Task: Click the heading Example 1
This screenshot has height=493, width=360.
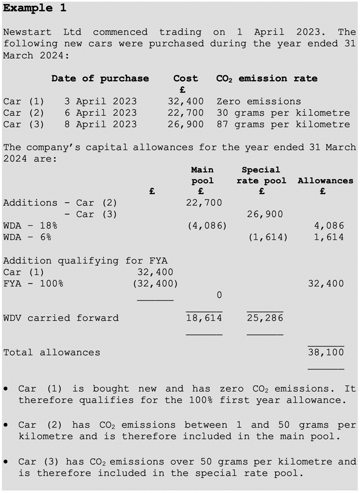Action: [34, 8]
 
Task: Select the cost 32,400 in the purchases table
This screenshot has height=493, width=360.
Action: [186, 101]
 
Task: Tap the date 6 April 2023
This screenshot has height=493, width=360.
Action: [101, 113]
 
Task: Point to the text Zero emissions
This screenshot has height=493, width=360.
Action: [259, 101]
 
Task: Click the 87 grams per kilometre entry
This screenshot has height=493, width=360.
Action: [283, 124]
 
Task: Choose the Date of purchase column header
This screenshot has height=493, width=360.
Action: [100, 79]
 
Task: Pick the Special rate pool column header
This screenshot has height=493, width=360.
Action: [261, 175]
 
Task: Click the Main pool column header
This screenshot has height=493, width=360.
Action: [202, 175]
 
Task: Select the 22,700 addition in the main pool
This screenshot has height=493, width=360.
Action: [204, 203]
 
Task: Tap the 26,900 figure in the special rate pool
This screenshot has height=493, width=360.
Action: [265, 214]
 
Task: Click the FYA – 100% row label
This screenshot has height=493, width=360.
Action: [33, 284]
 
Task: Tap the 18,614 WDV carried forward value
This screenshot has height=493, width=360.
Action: [204, 318]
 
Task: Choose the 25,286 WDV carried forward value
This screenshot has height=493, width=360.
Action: [265, 318]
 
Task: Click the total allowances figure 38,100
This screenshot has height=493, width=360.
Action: [326, 353]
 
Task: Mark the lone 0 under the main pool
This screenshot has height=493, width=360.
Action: [219, 295]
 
